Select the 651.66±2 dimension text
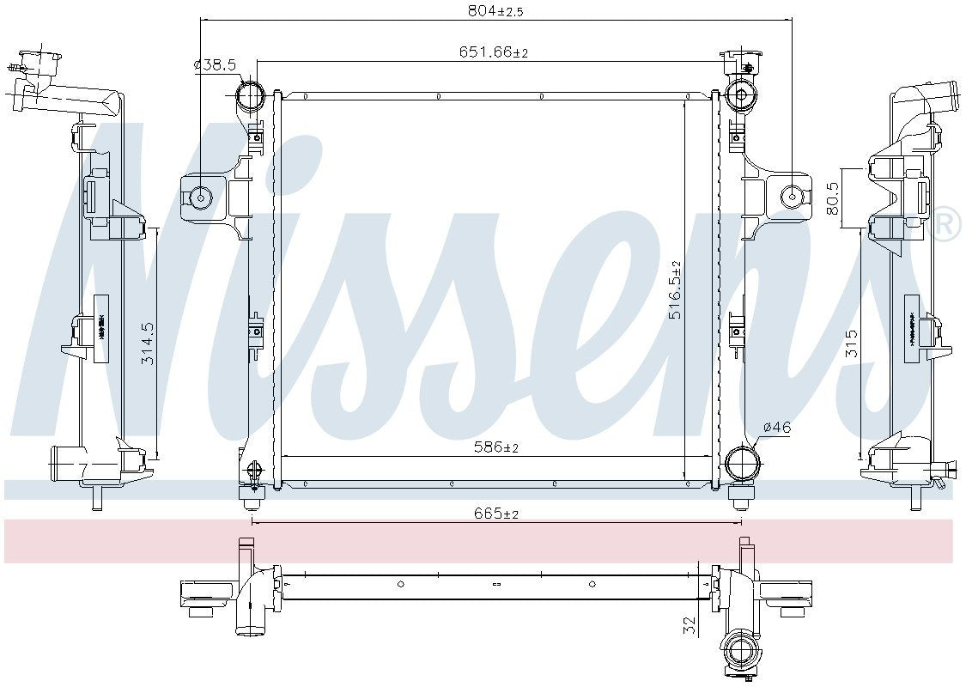[493, 52]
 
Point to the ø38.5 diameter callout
[215, 64]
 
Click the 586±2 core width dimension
[496, 447]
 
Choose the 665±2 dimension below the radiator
[495, 514]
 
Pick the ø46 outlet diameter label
[776, 427]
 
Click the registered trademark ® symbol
[946, 224]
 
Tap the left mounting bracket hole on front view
[203, 198]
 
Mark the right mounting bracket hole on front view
[791, 198]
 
